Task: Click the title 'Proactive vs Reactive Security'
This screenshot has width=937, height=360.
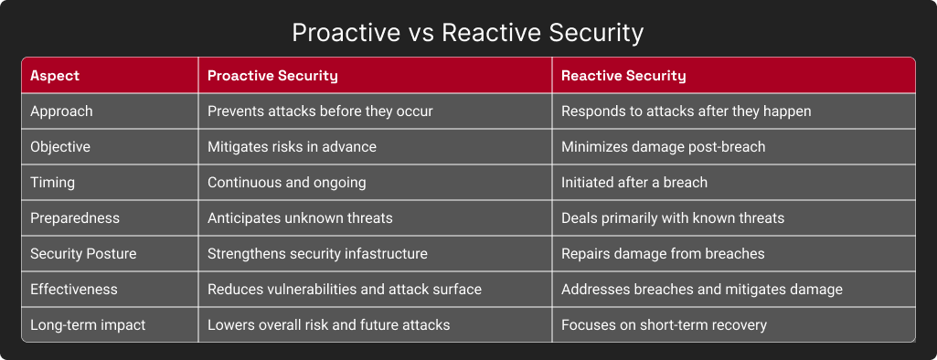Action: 468,33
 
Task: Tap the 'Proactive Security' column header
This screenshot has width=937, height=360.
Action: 272,75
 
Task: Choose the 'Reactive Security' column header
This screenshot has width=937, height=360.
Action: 623,75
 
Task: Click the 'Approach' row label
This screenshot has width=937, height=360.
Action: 61,111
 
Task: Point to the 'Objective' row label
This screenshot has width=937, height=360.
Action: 60,147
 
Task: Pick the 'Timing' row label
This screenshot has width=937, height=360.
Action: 52,183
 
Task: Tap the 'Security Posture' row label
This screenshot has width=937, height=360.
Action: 82,254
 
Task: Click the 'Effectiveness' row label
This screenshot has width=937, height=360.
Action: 74,290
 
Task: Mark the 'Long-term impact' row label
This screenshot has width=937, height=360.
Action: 87,325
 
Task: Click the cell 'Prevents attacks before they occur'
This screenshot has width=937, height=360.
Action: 320,111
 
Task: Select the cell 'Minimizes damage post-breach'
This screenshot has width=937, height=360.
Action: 663,147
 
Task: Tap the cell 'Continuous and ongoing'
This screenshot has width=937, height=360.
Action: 286,183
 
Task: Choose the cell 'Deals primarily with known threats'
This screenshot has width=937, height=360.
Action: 673,218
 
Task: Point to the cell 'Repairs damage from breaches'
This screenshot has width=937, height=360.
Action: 663,254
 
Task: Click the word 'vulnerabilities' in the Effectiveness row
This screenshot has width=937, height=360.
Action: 311,290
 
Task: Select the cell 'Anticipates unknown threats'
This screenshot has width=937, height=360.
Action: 299,218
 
